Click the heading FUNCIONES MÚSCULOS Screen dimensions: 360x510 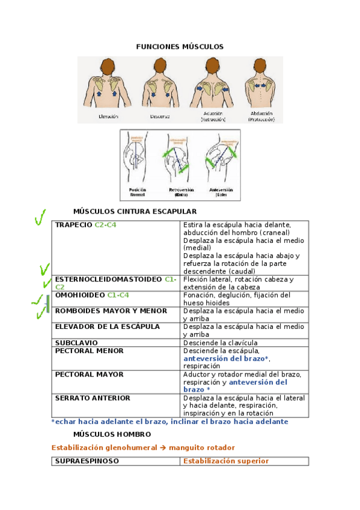(180, 46)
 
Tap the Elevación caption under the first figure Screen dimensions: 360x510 (108, 115)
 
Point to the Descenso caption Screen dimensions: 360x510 (159, 115)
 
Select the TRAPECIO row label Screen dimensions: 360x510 (73, 225)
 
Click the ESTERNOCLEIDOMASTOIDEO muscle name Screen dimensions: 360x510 (108, 280)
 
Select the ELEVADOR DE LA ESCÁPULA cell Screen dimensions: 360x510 (108, 327)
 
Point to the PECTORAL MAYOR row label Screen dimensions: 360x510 (89, 374)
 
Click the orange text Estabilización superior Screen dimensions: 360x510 (226, 461)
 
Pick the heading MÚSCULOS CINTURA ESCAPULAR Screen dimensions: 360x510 (135, 211)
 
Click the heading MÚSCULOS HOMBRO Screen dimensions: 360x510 (112, 434)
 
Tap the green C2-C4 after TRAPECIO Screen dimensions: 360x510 (106, 225)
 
